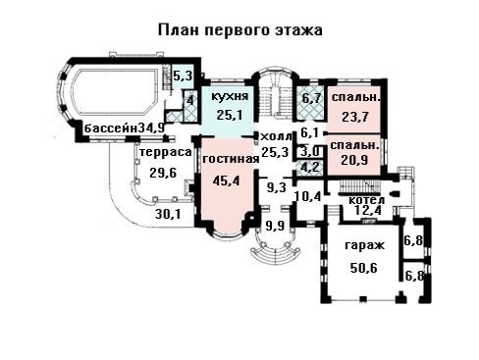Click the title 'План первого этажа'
pos(240,30)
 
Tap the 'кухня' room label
pos(230,96)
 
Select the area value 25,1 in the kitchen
pos(230,115)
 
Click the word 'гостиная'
pos(231,159)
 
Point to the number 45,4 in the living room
pos(226,180)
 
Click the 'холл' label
pos(276,136)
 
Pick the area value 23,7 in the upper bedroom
pos(355,117)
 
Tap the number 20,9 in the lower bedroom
pos(354,160)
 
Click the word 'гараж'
pos(364,245)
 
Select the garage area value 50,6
pos(363,268)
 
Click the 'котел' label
pos(367,200)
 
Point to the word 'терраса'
pos(165,152)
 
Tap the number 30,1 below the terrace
pos(169,215)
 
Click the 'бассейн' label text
pos(111,129)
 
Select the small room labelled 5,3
pos(183,77)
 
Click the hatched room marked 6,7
pos(310,103)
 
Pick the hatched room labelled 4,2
pos(309,168)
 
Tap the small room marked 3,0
pos(309,151)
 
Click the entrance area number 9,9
pos(275,226)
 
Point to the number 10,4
pos(308,196)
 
